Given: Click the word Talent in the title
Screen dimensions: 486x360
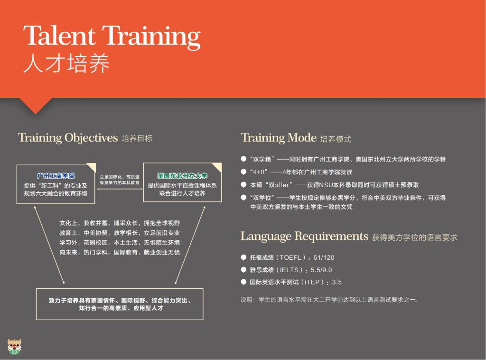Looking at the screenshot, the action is pyautogui.click(x=59, y=36).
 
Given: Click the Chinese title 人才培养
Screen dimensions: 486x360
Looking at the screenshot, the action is pyautogui.click(x=66, y=63).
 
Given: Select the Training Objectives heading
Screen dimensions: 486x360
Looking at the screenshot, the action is pyautogui.click(x=68, y=138).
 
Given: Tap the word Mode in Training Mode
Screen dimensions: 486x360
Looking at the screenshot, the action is pyautogui.click(x=302, y=137).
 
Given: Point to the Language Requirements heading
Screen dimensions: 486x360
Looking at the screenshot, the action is pyautogui.click(x=304, y=236).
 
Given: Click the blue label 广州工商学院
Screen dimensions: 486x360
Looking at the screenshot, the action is pyautogui.click(x=56, y=176).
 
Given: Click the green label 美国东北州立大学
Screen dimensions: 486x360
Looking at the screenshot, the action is pyautogui.click(x=182, y=176).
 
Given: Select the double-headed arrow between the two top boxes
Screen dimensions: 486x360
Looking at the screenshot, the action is pyautogui.click(x=119, y=189).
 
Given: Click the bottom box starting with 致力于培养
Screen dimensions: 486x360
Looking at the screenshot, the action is pyautogui.click(x=120, y=304).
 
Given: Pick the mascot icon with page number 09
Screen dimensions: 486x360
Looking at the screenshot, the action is pyautogui.click(x=14, y=347).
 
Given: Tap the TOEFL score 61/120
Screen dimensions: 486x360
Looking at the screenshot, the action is pyautogui.click(x=324, y=257).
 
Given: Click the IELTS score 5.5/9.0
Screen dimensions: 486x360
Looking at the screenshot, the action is pyautogui.click(x=321, y=270).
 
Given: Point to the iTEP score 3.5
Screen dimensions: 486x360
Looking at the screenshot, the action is pyautogui.click(x=337, y=282).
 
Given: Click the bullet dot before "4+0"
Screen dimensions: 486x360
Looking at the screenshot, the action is pyautogui.click(x=243, y=171).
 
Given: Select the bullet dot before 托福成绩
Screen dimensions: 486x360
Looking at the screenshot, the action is pyautogui.click(x=243, y=257).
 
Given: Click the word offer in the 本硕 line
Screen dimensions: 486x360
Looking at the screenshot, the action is pyautogui.click(x=282, y=185).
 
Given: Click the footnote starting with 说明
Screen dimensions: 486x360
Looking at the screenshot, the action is pyautogui.click(x=330, y=300).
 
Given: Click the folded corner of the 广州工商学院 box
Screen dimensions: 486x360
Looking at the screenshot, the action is pyautogui.click(x=92, y=167).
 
